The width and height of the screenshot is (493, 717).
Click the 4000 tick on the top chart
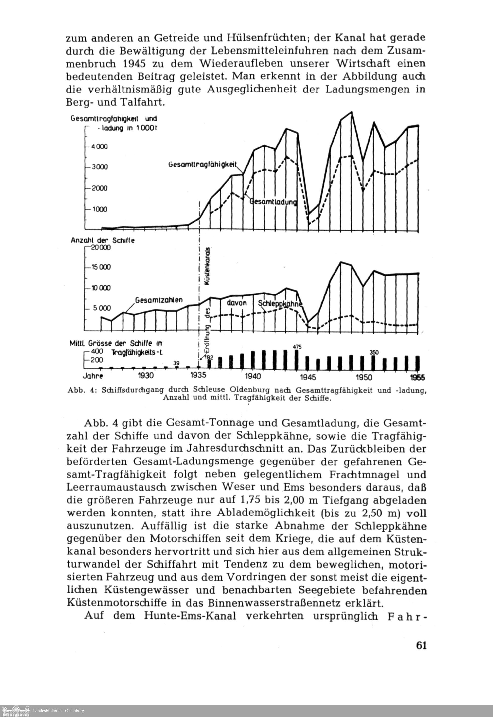tap(99, 147)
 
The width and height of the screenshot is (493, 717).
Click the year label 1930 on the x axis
tap(145, 376)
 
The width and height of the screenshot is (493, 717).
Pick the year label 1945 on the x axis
tap(308, 377)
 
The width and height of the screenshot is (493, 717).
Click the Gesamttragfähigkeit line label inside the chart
tap(205, 165)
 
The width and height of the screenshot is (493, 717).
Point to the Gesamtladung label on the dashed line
tap(273, 202)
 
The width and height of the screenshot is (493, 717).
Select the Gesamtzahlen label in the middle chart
tap(159, 300)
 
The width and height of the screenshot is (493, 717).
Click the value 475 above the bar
tap(297, 347)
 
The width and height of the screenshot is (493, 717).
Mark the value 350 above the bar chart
tap(374, 352)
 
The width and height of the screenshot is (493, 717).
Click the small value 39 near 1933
tap(176, 363)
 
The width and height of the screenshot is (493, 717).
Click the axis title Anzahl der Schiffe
tap(103, 240)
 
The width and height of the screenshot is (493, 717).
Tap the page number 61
tap(421, 646)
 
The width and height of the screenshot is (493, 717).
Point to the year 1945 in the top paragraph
tap(134, 63)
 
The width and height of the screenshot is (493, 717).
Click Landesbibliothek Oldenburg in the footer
tap(58, 711)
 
